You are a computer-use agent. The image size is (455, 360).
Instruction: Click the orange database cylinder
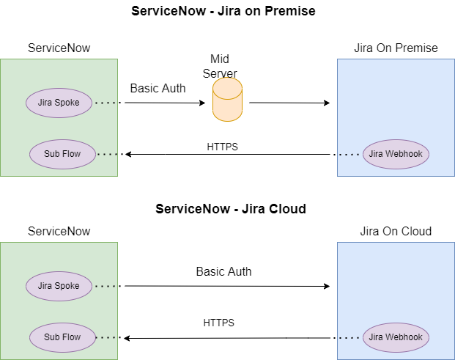[227, 100]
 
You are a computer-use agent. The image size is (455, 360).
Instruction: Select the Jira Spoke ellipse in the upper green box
[59, 103]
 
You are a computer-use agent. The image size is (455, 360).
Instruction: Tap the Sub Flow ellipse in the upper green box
[62, 154]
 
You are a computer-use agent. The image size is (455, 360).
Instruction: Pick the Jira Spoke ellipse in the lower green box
[59, 286]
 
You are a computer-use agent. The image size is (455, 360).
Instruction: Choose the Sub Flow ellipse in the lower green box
[62, 337]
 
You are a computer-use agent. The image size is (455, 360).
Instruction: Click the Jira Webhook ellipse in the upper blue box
[396, 154]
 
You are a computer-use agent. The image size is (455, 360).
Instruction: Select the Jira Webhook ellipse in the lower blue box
[396, 337]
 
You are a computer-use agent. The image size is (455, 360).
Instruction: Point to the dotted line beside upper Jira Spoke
[106, 103]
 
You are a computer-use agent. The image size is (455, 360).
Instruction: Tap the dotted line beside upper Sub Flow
[108, 154]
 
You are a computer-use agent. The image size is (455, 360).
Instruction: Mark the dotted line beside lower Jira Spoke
[106, 286]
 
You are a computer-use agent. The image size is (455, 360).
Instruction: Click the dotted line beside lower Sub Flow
[108, 337]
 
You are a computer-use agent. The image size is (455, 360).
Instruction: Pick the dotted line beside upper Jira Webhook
[349, 154]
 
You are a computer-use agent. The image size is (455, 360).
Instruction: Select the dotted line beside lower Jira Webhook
[349, 337]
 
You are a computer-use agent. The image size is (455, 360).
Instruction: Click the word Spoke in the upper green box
[67, 103]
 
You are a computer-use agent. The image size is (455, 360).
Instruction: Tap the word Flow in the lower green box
[72, 337]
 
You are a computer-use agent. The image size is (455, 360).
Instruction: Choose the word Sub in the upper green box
[52, 154]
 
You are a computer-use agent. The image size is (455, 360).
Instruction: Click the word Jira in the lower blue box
[377, 337]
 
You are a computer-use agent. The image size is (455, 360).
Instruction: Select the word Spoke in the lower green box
[67, 286]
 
